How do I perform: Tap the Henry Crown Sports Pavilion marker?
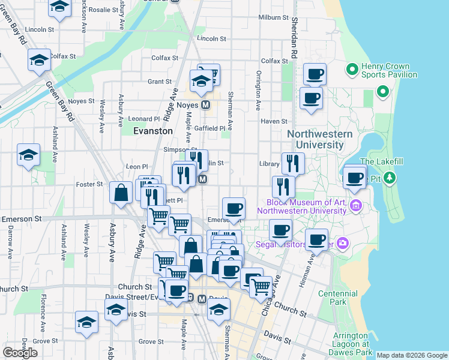coord(352,70)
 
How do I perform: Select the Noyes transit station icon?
coord(205,105)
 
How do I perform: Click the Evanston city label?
coord(152,130)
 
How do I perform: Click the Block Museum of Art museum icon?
coord(355,206)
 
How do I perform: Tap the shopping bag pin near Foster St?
coord(121,193)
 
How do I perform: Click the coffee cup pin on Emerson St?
coord(234,209)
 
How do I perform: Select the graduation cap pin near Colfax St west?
coord(39,61)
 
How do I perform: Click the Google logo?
coord(20,352)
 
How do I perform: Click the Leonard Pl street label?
coord(144,119)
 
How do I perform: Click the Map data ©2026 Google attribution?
coord(412,355)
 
